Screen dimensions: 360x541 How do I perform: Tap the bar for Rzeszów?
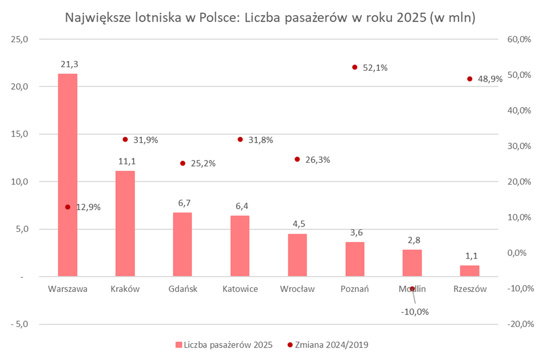[470, 271]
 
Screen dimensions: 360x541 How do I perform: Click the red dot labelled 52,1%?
[355, 67]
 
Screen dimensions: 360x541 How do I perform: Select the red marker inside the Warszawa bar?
[68, 206]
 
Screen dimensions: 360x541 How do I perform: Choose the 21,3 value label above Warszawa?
[68, 64]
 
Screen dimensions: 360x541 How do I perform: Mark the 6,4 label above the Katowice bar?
[240, 206]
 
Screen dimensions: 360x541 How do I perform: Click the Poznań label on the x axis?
[354, 289]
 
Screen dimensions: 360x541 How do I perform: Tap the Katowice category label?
[240, 289]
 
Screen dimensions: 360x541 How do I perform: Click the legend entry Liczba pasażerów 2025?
[227, 344]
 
